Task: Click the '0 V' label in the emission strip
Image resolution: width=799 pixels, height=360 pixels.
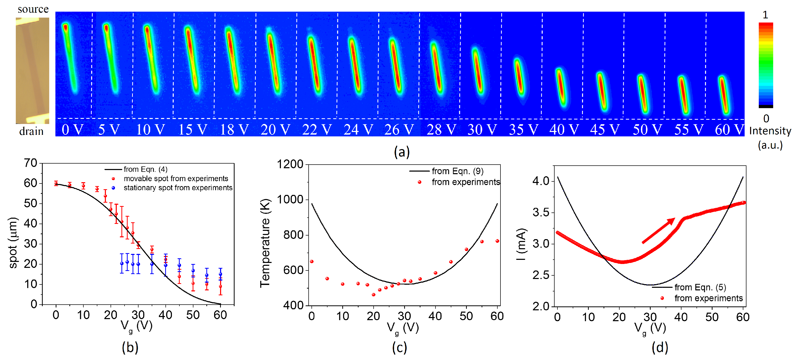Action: pos(72,130)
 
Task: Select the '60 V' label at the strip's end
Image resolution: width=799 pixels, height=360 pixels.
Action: pos(729,130)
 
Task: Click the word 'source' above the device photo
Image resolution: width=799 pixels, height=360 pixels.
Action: pos(33,9)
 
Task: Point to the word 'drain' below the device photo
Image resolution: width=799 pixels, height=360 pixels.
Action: pos(31,131)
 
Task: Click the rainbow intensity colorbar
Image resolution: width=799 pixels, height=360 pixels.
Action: pos(766,65)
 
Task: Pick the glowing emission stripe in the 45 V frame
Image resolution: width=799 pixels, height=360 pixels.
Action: pos(602,91)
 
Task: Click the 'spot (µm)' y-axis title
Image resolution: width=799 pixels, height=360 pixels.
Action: pos(13,243)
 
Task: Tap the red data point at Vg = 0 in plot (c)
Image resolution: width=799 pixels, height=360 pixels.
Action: pos(312,261)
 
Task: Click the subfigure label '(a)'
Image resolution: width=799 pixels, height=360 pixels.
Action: pos(401,152)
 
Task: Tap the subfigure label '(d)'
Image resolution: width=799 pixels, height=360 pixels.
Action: pos(659,347)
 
